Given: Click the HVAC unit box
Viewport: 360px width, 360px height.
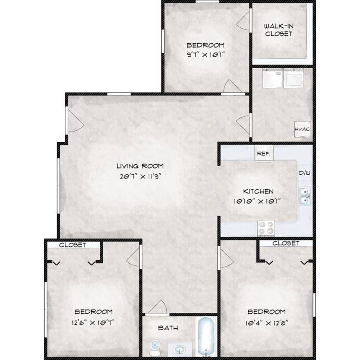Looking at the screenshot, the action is (x=302, y=129).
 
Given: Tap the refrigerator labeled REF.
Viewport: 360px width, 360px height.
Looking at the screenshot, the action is (x=264, y=154).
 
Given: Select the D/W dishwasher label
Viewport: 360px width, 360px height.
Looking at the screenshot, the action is (x=304, y=173).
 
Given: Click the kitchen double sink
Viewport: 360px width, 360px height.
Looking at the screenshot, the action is (x=305, y=196).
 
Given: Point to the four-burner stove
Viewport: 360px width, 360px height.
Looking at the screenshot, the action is (x=266, y=228).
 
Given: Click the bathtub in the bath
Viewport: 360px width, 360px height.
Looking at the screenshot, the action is (x=206, y=336).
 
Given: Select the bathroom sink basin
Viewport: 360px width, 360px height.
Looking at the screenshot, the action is (x=180, y=349).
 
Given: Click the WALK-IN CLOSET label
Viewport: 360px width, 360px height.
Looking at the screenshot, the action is (x=279, y=30).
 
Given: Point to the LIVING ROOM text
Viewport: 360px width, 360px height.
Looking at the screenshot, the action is (x=140, y=166).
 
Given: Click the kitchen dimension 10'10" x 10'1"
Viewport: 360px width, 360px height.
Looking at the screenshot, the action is (x=257, y=202).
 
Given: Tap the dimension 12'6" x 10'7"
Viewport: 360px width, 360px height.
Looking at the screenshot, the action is (x=93, y=323).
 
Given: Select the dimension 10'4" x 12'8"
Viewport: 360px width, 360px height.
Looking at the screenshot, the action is (x=266, y=323).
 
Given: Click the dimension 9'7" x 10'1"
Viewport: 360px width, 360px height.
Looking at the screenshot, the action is (x=205, y=55).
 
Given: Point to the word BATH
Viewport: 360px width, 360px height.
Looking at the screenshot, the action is (x=168, y=328).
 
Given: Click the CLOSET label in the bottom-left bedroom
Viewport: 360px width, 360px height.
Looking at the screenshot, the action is (x=72, y=245).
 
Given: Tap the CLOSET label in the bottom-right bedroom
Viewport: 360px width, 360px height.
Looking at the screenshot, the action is (x=286, y=243).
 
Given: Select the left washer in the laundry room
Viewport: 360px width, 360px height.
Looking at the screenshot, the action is (x=272, y=78).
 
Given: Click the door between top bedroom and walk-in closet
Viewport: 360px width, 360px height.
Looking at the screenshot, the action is (x=243, y=21).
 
